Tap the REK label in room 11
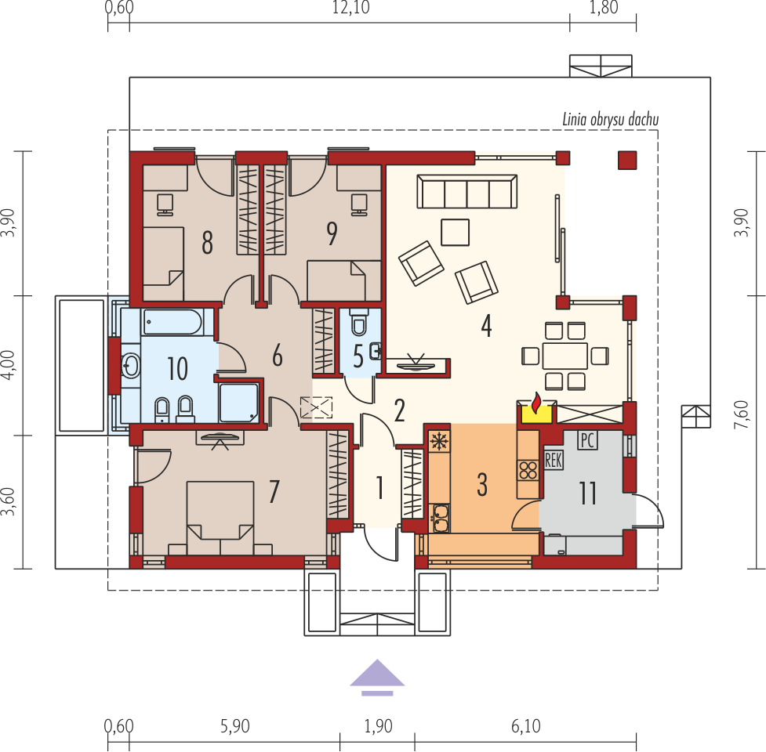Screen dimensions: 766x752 (x=553, y=460)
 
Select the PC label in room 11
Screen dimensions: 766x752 (x=587, y=440)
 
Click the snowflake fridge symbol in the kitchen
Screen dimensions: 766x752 (x=439, y=442)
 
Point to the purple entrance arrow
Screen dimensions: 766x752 (x=377, y=677)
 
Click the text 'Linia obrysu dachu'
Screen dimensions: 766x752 (x=610, y=120)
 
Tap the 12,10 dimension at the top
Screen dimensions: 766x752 (x=350, y=8)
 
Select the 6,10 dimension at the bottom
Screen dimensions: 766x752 (x=525, y=726)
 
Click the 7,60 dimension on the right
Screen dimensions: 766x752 (x=741, y=414)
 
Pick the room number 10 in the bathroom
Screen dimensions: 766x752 (x=177, y=368)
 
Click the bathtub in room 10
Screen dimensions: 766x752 (x=172, y=322)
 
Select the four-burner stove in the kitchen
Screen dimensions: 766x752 (x=528, y=471)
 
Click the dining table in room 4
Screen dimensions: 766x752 (x=565, y=356)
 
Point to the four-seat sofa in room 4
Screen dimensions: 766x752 (x=467, y=192)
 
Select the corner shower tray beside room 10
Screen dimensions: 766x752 (x=239, y=403)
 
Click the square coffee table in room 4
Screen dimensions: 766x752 (x=455, y=233)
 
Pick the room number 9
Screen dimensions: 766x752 (x=332, y=233)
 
